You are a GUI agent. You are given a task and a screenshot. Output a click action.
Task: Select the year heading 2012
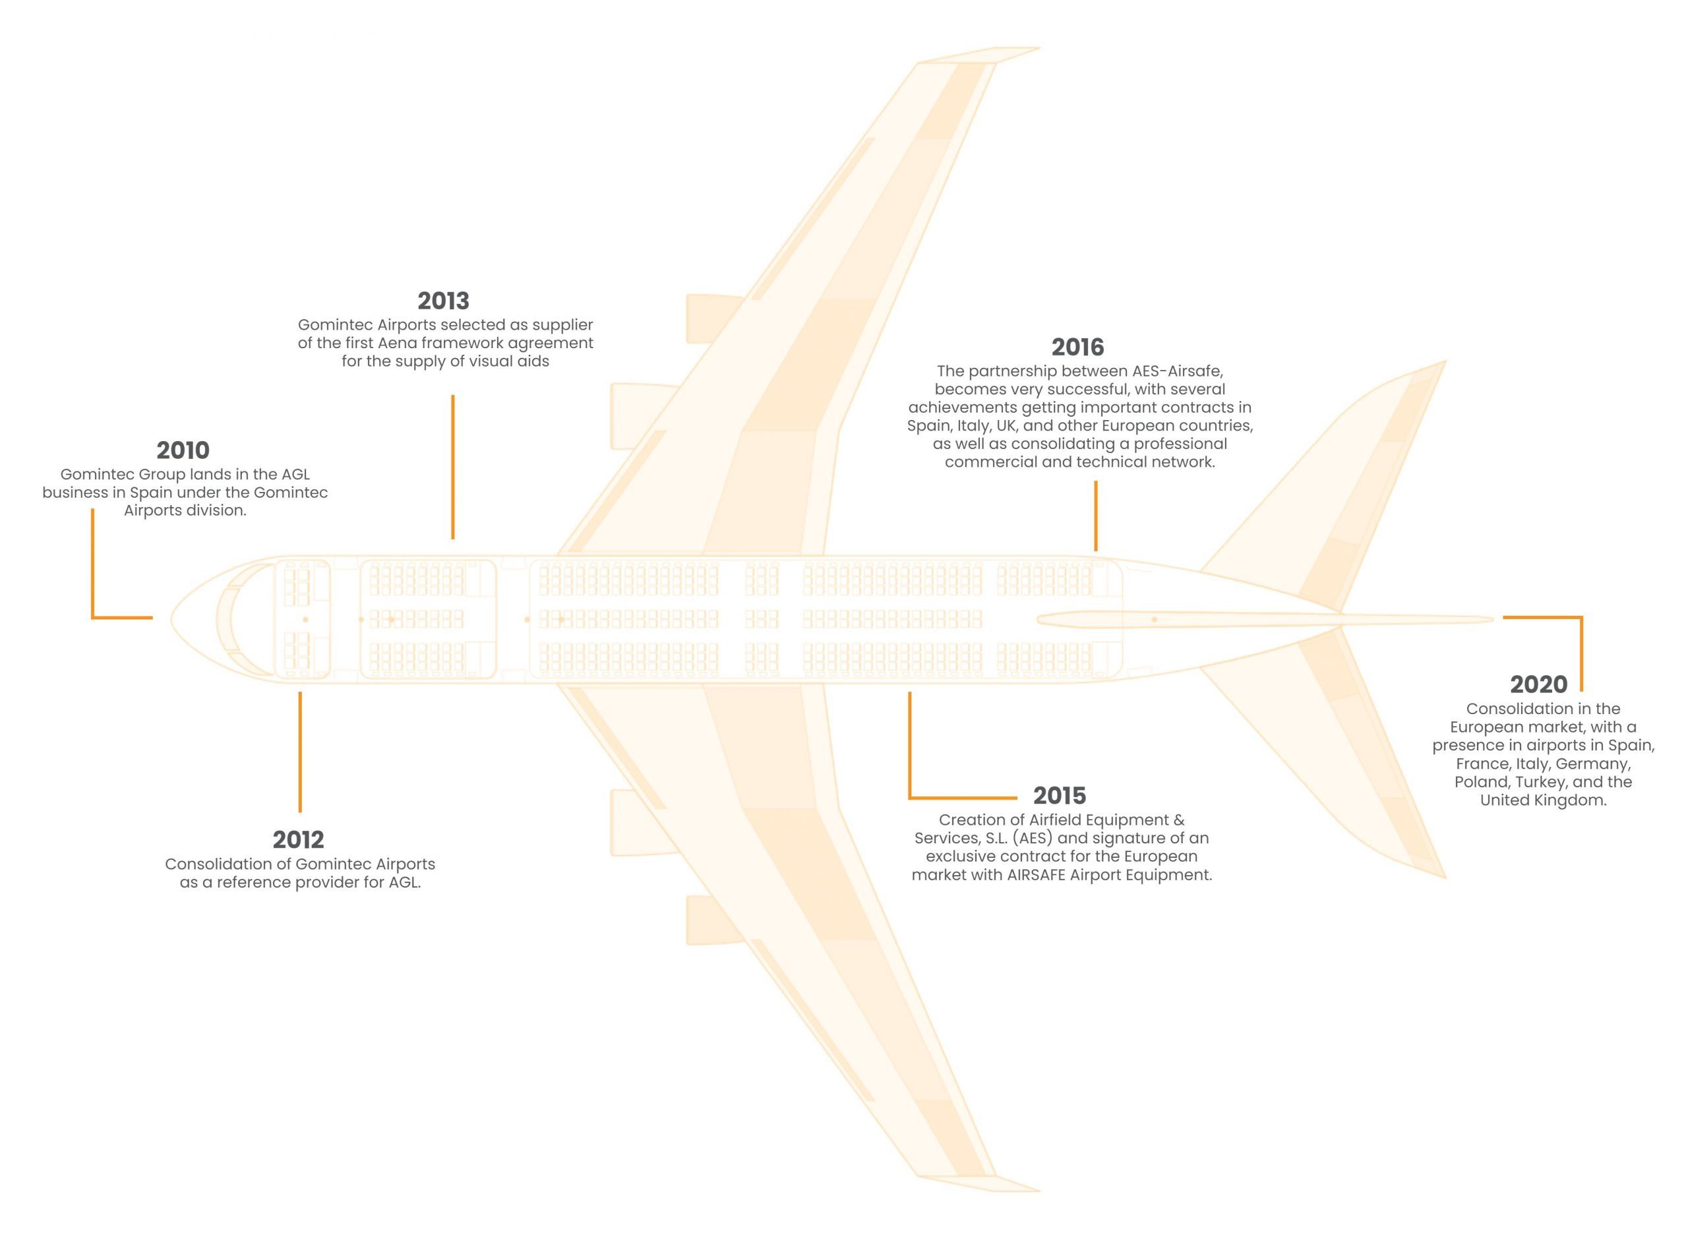click(x=299, y=839)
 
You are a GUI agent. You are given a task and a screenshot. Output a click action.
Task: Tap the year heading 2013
click(x=443, y=301)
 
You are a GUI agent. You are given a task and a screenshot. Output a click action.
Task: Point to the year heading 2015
click(x=1059, y=795)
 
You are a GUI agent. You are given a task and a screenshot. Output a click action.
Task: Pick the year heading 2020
click(x=1539, y=684)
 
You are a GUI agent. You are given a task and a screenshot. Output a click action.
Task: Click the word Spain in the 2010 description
click(x=150, y=493)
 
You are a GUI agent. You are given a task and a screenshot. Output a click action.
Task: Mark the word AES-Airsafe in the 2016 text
click(x=1179, y=371)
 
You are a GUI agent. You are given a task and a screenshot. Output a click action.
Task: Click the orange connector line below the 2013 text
click(x=453, y=468)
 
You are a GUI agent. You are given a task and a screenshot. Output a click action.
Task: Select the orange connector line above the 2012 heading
click(x=300, y=752)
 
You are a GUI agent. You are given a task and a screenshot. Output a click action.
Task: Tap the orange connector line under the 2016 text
click(x=1096, y=516)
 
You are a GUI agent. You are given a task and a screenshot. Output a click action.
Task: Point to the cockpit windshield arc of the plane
click(x=224, y=619)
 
